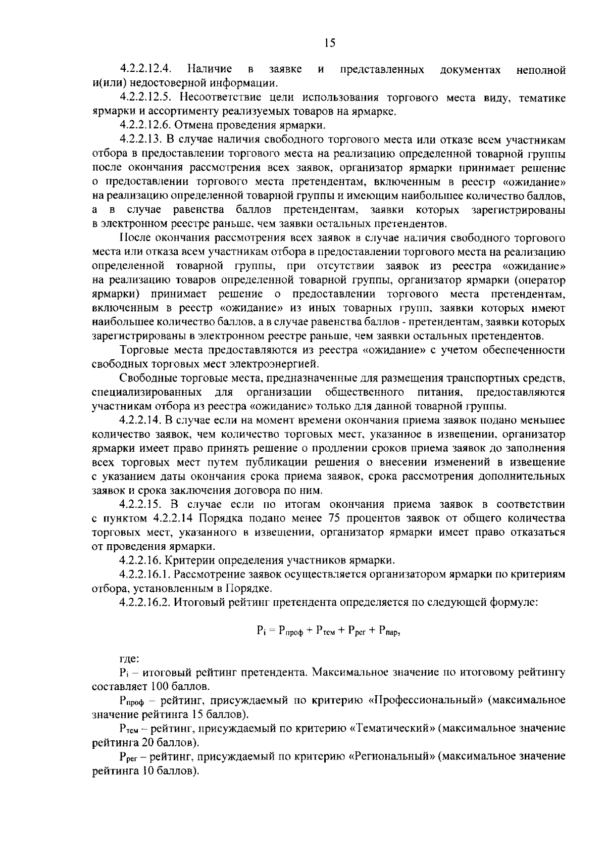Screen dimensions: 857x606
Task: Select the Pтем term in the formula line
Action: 325,631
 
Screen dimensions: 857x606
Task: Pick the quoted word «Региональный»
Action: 393,757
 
